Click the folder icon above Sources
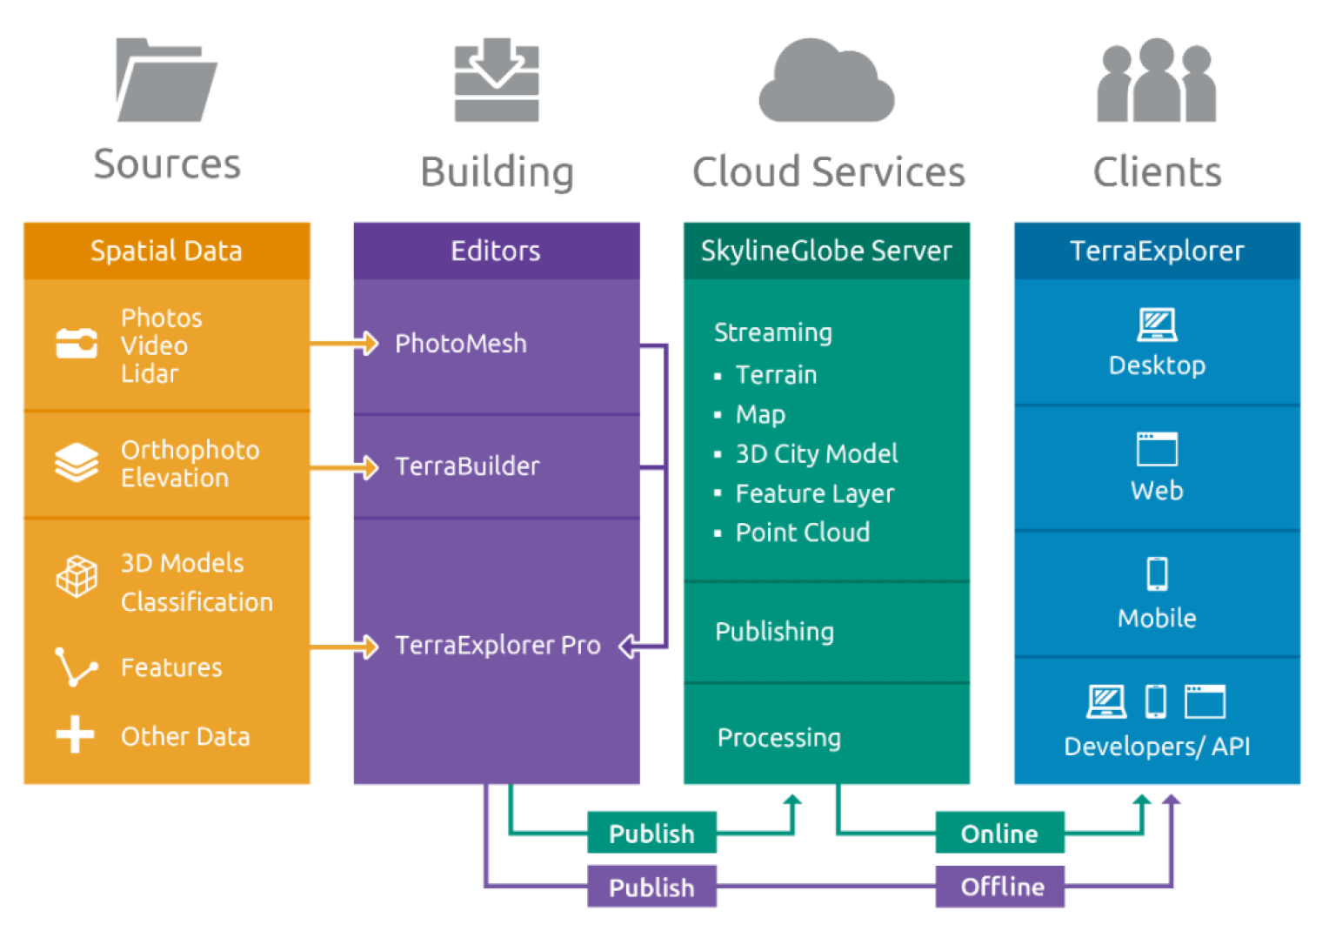point(165,80)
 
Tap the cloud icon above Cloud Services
point(826,83)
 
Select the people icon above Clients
point(1156,80)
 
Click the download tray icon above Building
point(497,80)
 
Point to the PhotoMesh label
point(461,344)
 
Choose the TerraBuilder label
point(467,466)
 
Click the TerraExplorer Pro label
point(498,645)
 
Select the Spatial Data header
point(166,251)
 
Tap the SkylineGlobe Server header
point(826,251)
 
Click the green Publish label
point(651,834)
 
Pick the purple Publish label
point(651,887)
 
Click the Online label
point(999,834)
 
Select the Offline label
point(1001,887)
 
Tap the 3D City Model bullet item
point(816,453)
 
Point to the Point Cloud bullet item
point(802,533)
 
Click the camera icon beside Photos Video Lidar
point(77,344)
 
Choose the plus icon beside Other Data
point(76,734)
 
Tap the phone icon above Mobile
point(1157,573)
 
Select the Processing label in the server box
point(778,738)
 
